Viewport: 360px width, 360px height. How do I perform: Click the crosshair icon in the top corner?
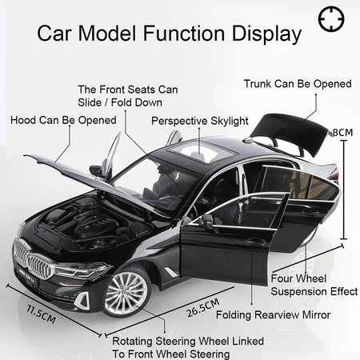click(331, 19)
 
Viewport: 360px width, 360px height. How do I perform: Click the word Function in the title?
click(184, 33)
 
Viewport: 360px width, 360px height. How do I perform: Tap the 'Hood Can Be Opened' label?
click(63, 120)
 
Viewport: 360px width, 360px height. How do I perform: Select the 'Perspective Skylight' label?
click(200, 121)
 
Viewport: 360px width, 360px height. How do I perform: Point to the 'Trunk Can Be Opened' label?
click(298, 84)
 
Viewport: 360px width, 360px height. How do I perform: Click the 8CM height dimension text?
click(342, 133)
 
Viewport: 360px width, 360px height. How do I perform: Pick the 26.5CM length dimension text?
click(203, 308)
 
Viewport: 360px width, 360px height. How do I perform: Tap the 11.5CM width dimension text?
click(41, 314)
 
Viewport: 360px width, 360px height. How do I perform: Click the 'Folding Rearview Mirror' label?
click(273, 315)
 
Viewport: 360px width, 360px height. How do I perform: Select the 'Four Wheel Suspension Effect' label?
click(314, 285)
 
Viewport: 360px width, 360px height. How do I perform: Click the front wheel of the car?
click(126, 291)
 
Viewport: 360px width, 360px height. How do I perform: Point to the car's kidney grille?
click(33, 258)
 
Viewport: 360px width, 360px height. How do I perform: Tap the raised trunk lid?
click(290, 134)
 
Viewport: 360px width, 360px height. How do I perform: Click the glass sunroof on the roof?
click(202, 151)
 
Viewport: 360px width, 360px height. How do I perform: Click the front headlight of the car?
click(81, 270)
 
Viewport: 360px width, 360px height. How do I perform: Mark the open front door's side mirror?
click(207, 220)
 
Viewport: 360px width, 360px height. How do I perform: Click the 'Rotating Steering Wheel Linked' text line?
click(188, 341)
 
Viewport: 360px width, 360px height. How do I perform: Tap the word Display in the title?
click(266, 34)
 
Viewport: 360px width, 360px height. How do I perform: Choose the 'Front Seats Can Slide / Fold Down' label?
click(128, 96)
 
